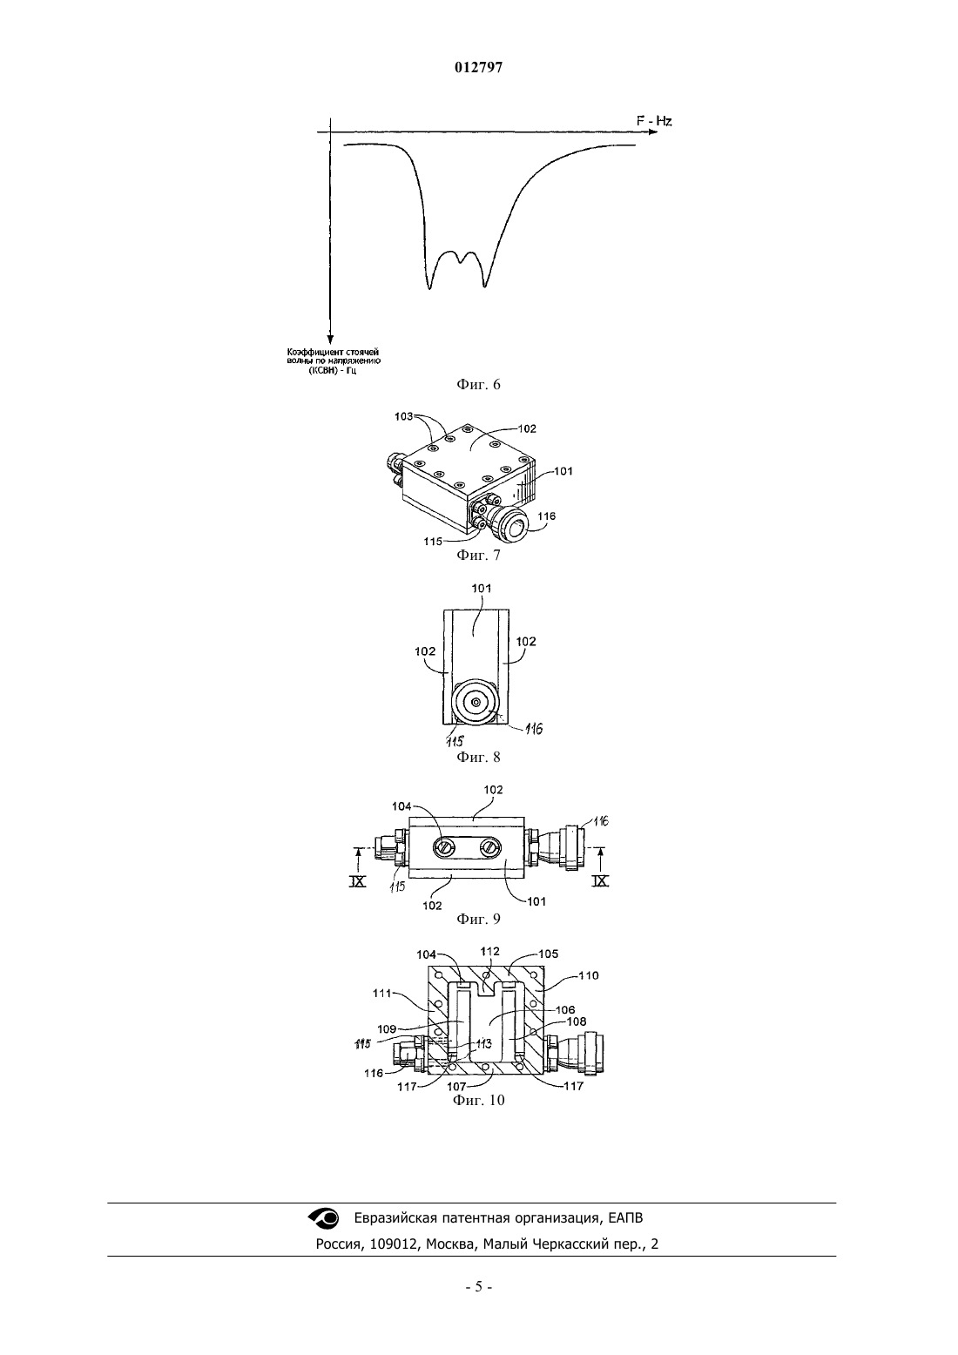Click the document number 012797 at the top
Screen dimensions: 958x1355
pyautogui.click(x=478, y=68)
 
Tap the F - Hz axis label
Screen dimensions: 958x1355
pyautogui.click(x=654, y=121)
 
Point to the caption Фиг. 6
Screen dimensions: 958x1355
pyautogui.click(x=478, y=385)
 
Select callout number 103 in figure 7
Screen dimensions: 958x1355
pyautogui.click(x=403, y=416)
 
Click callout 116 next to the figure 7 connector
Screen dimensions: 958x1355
pyautogui.click(x=547, y=516)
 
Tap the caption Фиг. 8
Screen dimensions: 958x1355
pyautogui.click(x=478, y=757)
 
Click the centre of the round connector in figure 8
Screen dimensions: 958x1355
pyautogui.click(x=477, y=702)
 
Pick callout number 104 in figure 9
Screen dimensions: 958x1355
pyautogui.click(x=401, y=806)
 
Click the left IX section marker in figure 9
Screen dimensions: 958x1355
pyautogui.click(x=357, y=881)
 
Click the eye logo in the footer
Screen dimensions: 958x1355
pyautogui.click(x=324, y=1218)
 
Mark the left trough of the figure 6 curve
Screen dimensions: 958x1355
pyautogui.click(x=429, y=288)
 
